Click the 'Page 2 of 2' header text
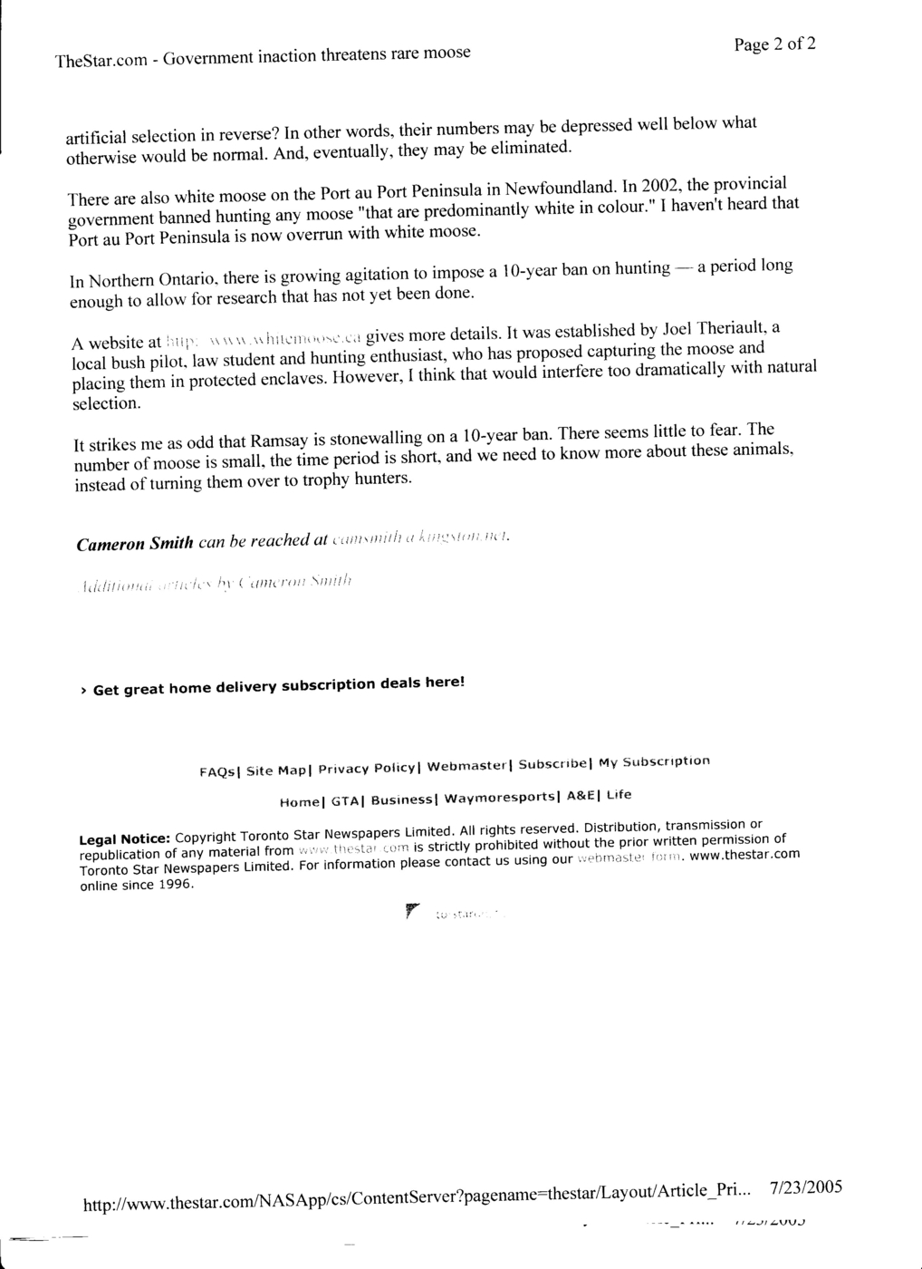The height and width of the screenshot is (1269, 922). (x=774, y=44)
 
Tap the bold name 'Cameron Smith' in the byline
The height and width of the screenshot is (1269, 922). (x=135, y=544)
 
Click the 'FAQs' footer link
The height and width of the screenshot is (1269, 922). (x=217, y=772)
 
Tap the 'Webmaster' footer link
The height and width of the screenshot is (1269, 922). (x=466, y=766)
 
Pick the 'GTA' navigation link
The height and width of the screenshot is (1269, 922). (x=346, y=801)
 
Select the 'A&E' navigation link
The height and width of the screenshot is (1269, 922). (x=581, y=796)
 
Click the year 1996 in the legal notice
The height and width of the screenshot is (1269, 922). (x=175, y=885)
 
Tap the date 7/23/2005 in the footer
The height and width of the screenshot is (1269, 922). (x=806, y=1188)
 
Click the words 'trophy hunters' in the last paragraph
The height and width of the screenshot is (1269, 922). (x=362, y=479)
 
